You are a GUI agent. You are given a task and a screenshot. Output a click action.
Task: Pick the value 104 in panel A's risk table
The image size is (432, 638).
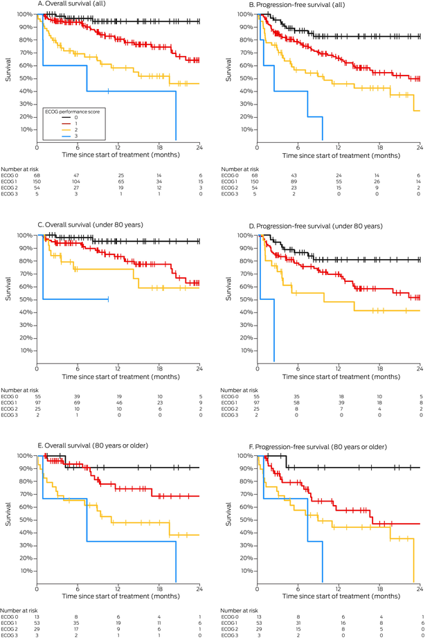(78, 183)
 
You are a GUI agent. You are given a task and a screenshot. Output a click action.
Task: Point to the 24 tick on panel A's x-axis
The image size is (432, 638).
(199, 148)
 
